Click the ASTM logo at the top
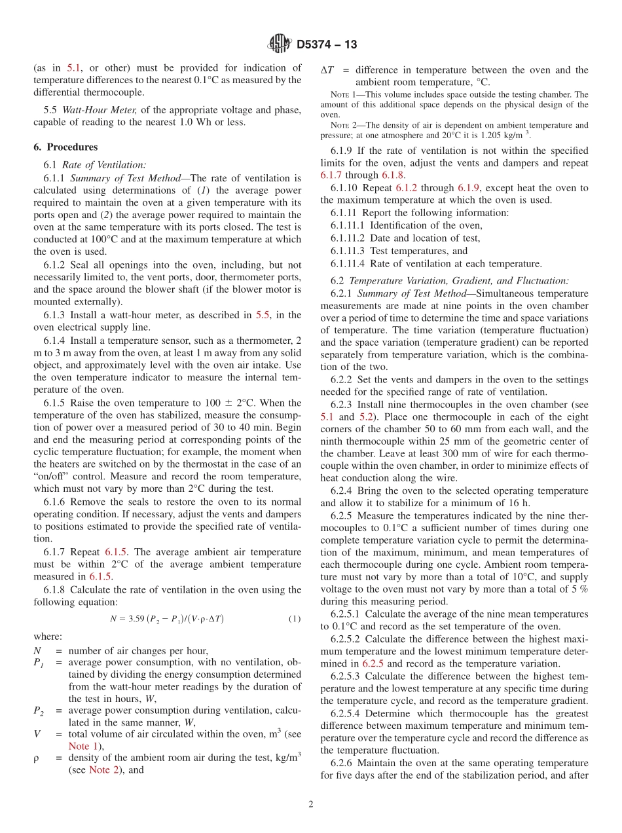coord(280,44)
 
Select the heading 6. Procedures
coord(65,147)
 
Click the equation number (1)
coord(295,619)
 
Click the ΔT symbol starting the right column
coord(327,70)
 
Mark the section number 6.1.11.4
coord(348,264)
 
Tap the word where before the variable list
coord(48,636)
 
